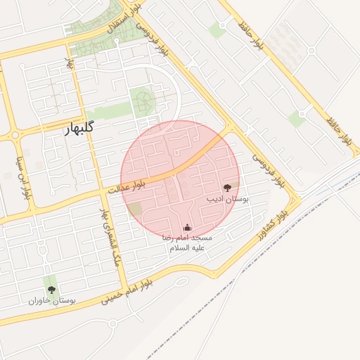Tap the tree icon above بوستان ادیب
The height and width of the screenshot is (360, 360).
tap(227, 188)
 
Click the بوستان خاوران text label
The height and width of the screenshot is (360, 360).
tap(51, 300)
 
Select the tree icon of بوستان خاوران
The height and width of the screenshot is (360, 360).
tap(51, 288)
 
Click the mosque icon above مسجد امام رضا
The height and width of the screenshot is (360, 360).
tap(186, 227)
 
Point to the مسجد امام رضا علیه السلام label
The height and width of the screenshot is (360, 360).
tap(186, 243)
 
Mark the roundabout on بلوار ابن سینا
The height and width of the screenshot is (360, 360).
tap(15, 135)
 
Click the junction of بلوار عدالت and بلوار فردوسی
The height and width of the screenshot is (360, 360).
tap(230, 129)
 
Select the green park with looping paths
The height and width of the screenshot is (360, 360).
tap(143, 103)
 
